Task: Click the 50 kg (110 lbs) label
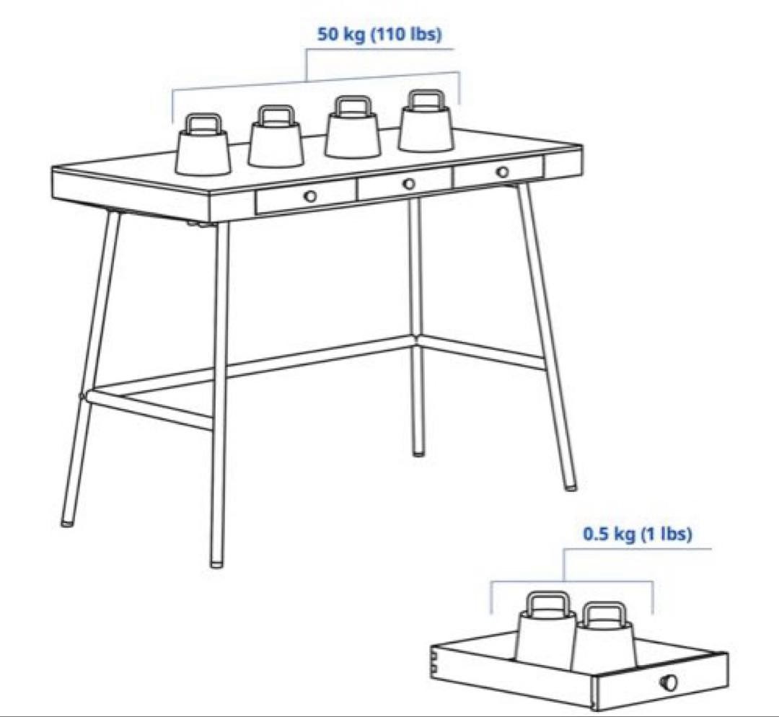point(379,35)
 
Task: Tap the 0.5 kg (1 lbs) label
point(637,534)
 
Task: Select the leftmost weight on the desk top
point(203,144)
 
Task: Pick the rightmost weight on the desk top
point(426,120)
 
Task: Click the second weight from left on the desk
point(276,136)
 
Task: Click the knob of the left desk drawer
point(310,195)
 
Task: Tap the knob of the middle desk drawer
point(409,184)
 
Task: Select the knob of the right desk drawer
point(503,172)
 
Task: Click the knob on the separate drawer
point(669,681)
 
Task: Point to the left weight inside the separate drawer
point(547,628)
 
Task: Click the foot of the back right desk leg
point(419,452)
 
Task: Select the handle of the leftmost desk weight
point(203,123)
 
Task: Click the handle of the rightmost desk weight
point(426,98)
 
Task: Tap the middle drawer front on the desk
point(405,184)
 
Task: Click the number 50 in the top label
point(328,35)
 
